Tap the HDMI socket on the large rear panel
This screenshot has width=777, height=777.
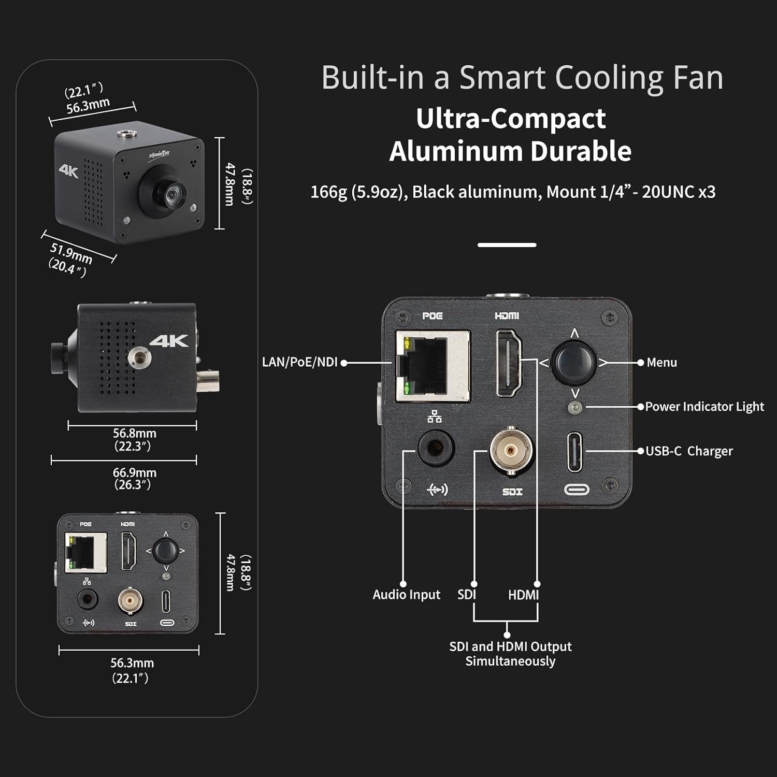click(x=508, y=363)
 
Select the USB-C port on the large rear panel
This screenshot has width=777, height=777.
click(x=574, y=452)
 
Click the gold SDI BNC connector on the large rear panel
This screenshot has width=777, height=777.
click(x=511, y=451)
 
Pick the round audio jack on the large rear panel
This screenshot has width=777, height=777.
click(x=436, y=448)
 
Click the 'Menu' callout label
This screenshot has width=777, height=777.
click(x=661, y=363)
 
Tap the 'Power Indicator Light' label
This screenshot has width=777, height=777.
click(x=704, y=407)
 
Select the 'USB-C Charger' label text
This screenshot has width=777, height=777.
click(x=689, y=451)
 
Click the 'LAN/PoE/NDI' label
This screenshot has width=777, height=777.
click(x=299, y=362)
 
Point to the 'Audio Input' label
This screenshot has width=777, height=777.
click(x=406, y=594)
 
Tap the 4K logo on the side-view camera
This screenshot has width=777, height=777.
click(x=169, y=341)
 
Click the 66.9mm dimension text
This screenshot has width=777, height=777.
click(x=134, y=472)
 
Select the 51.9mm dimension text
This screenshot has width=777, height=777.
click(x=71, y=253)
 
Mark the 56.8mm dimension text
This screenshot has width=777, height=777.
click(x=134, y=433)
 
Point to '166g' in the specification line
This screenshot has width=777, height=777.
click(x=328, y=192)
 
